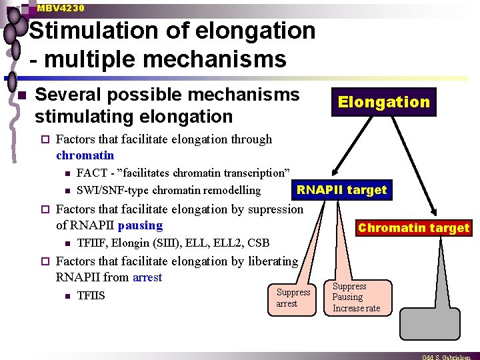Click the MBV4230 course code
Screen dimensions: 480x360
[61, 8]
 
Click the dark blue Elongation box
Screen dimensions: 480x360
[383, 102]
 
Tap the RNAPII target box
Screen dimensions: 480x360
[341, 190]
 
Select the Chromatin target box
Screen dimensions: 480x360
[413, 228]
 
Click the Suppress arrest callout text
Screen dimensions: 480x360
[293, 298]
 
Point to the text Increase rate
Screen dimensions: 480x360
[356, 308]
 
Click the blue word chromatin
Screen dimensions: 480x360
[85, 155]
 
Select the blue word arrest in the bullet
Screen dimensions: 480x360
[147, 277]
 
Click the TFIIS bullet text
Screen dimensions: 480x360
[91, 296]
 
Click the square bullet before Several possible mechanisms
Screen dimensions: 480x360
[21, 97]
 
